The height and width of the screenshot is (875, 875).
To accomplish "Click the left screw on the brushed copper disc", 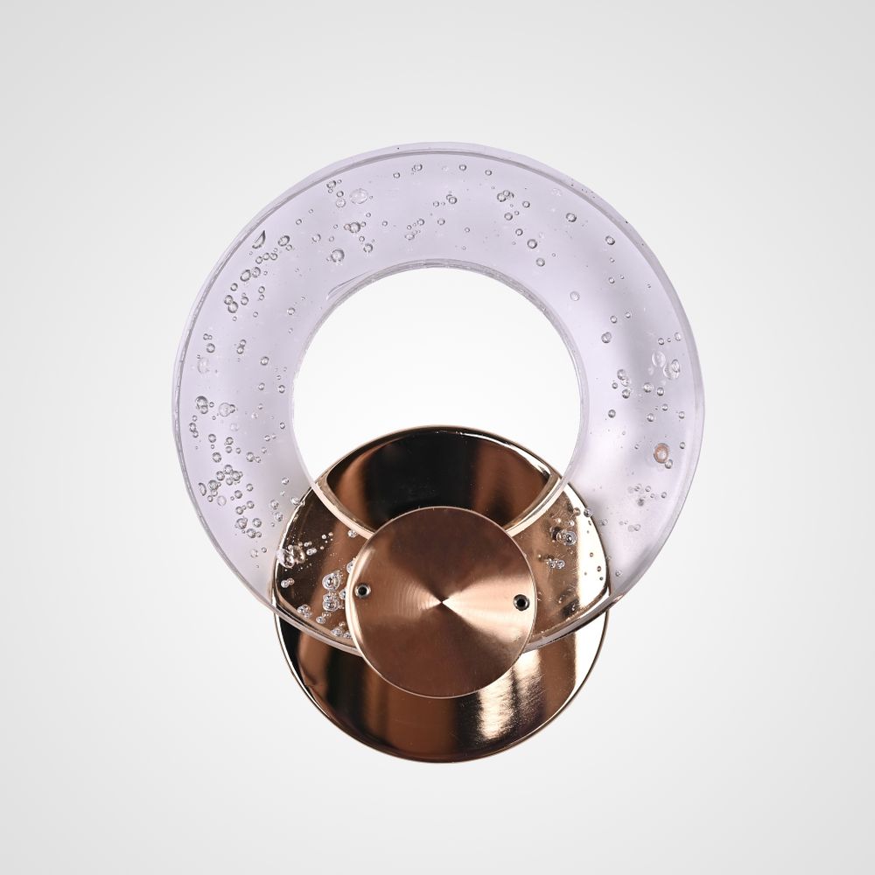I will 362,591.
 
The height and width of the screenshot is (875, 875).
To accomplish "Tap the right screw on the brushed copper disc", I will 521,600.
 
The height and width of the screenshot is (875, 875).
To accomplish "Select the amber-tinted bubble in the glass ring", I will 661,452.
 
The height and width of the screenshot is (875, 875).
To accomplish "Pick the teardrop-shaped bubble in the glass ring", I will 259,239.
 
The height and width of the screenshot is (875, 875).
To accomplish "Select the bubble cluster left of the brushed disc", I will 328,595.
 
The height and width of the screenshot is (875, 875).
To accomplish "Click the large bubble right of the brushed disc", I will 568,536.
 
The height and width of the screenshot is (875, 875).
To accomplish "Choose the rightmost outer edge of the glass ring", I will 703,394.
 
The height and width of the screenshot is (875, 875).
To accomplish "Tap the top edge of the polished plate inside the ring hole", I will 437,428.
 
